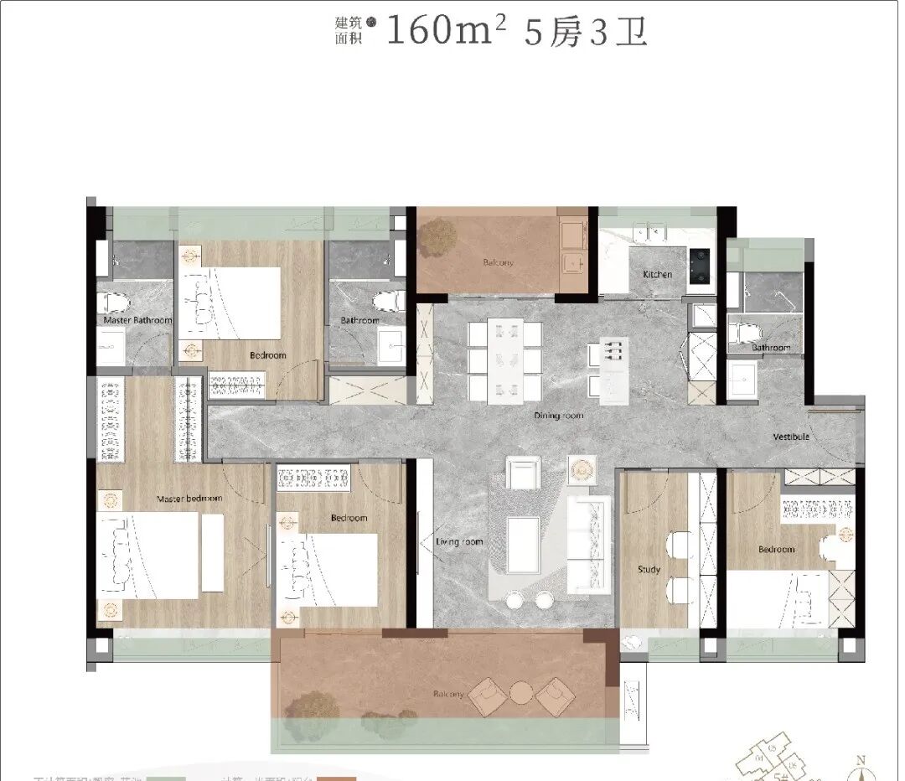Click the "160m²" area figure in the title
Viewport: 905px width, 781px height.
click(446, 33)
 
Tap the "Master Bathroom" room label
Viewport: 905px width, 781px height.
click(137, 320)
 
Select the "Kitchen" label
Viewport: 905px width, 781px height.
click(657, 274)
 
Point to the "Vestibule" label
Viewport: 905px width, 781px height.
click(790, 437)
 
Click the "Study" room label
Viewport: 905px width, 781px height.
click(649, 570)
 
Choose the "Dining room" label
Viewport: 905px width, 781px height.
click(559, 416)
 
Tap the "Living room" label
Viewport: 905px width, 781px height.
click(459, 542)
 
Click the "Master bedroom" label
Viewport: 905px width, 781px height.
click(189, 499)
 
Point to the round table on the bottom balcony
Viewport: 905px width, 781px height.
click(522, 693)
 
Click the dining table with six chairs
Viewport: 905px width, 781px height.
click(504, 359)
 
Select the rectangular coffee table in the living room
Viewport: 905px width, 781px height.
click(524, 545)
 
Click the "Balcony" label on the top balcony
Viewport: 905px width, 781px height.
click(498, 262)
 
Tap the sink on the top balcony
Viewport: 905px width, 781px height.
click(573, 263)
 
